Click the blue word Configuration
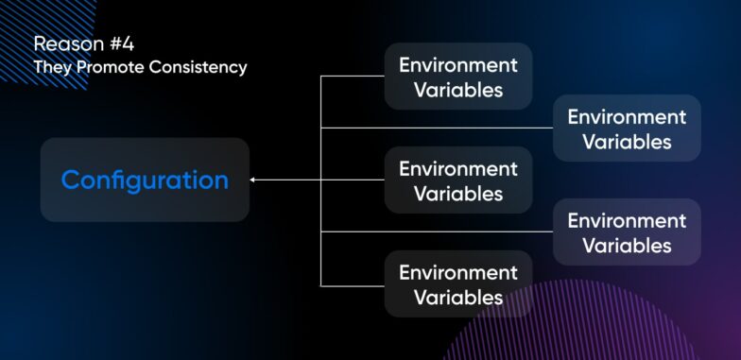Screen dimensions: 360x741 click(145, 180)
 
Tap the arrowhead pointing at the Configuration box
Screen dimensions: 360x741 click(253, 180)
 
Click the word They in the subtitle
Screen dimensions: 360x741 click(50, 68)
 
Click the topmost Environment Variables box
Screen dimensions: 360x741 click(458, 77)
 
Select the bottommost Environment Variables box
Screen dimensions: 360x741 click(458, 284)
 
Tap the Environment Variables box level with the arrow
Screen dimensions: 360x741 click(458, 180)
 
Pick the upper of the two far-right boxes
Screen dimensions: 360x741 click(627, 129)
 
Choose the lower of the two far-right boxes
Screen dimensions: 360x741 click(627, 232)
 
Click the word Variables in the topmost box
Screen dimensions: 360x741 click(458, 91)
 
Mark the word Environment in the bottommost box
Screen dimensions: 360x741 click(458, 272)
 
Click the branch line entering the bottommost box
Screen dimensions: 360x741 click(353, 284)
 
